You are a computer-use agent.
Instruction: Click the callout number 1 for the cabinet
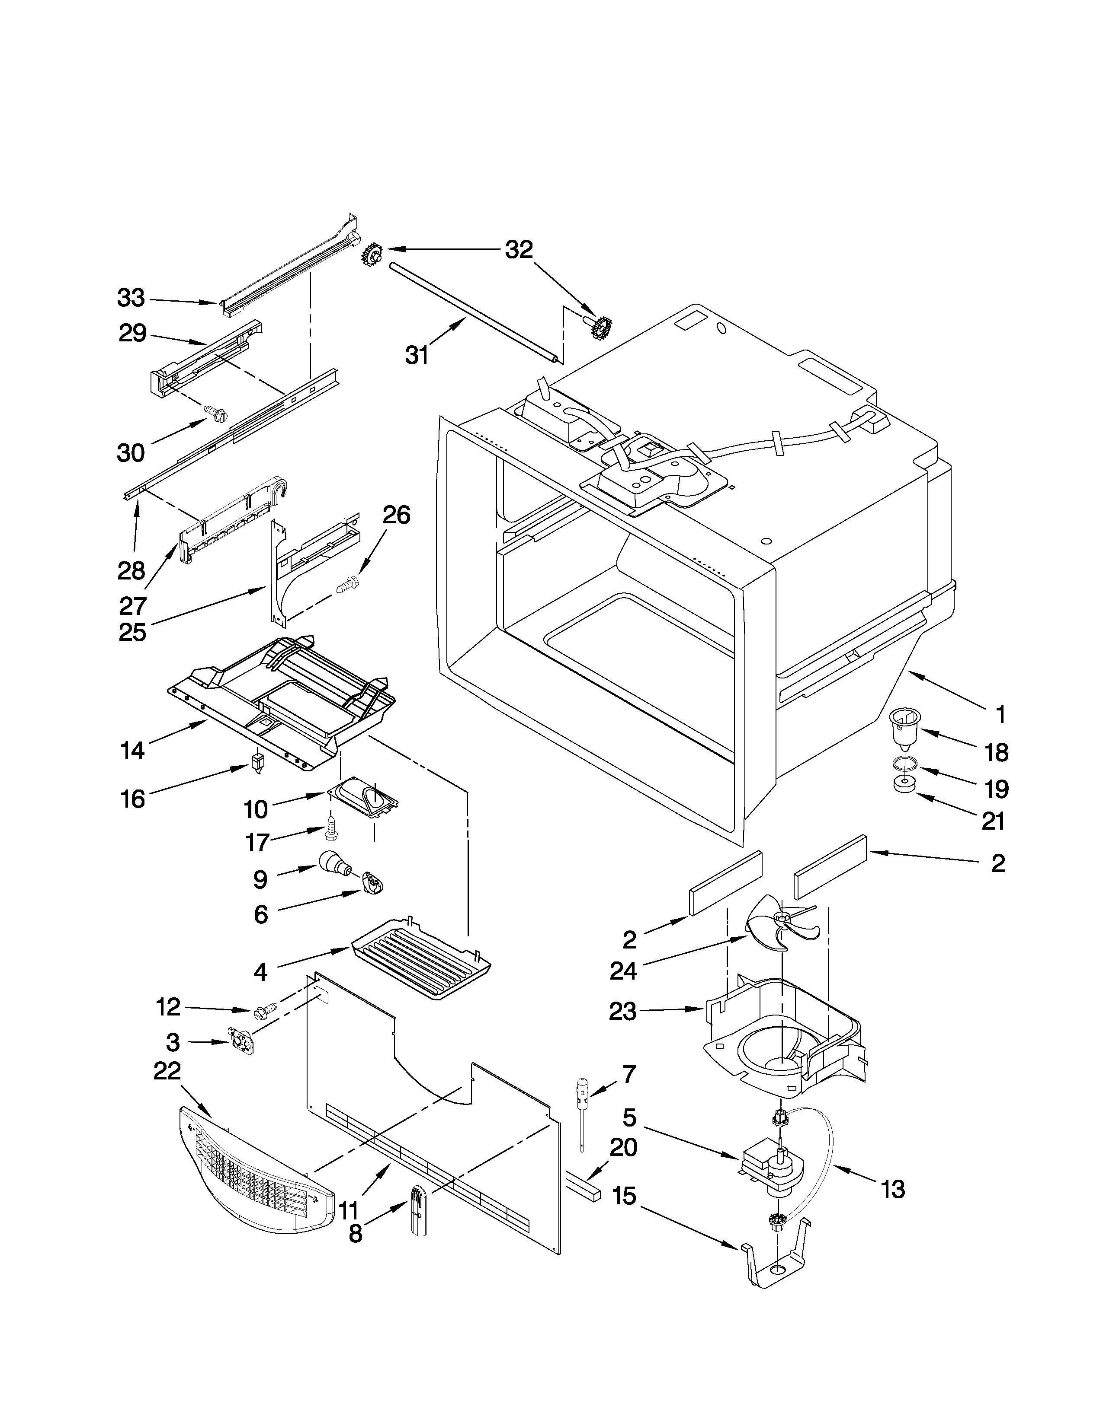coord(1000,714)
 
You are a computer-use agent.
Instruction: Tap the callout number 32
coord(519,249)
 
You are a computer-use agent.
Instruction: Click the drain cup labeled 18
coord(904,729)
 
